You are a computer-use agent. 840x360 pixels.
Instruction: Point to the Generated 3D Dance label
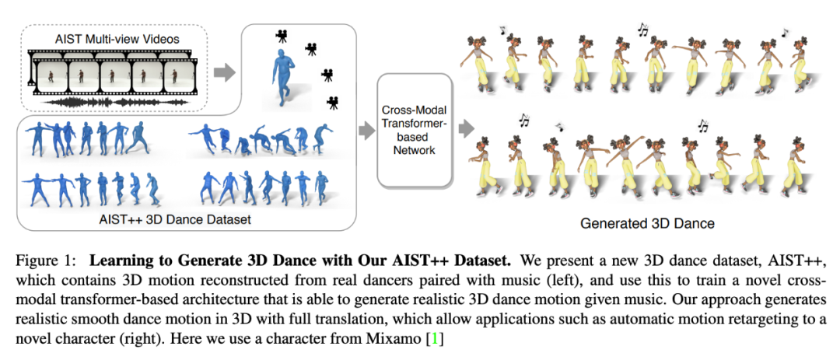point(647,223)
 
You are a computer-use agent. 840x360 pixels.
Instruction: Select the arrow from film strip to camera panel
point(223,72)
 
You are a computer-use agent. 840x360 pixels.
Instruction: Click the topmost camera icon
point(279,35)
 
